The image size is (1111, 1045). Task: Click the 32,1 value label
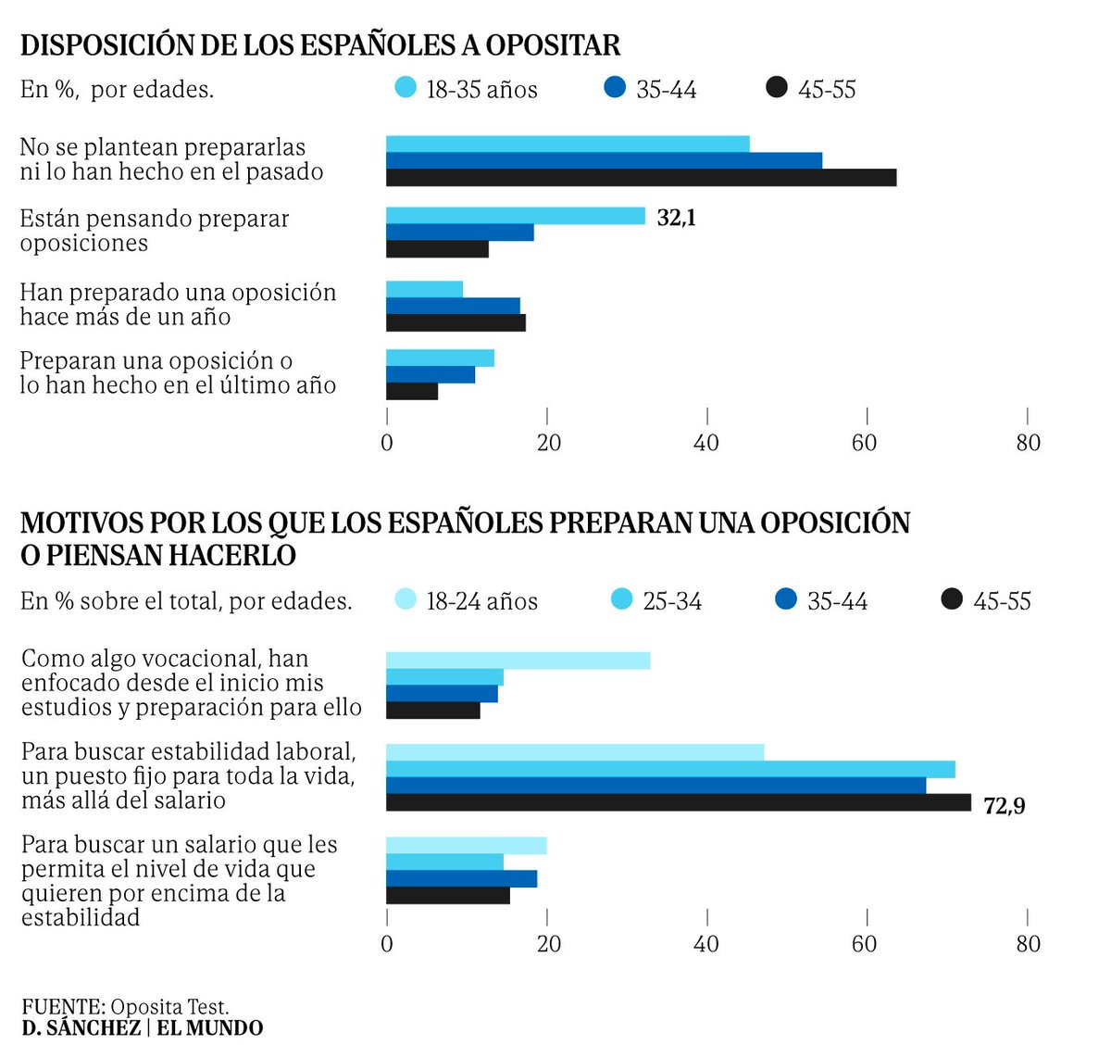pyautogui.click(x=676, y=218)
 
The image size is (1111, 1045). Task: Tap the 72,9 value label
pyautogui.click(x=1005, y=806)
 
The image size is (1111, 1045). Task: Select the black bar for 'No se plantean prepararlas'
pyautogui.click(x=641, y=178)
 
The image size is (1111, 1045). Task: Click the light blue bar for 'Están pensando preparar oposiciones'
pyautogui.click(x=515, y=216)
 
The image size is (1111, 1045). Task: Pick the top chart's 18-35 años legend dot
pyautogui.click(x=406, y=88)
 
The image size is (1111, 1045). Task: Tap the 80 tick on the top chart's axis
pyautogui.click(x=1028, y=443)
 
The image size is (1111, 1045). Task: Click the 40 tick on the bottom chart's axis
pyautogui.click(x=706, y=943)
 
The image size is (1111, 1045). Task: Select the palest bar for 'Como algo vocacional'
pyautogui.click(x=518, y=661)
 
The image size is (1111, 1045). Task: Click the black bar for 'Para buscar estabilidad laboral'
pyautogui.click(x=678, y=802)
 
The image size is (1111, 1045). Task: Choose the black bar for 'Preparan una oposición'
pyautogui.click(x=412, y=392)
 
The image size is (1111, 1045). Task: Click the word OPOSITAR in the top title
pyautogui.click(x=553, y=45)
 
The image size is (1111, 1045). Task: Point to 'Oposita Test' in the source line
pyautogui.click(x=169, y=1007)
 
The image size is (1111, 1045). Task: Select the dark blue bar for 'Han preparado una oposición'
pyautogui.click(x=453, y=306)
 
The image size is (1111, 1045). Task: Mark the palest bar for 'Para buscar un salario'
pyautogui.click(x=466, y=845)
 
